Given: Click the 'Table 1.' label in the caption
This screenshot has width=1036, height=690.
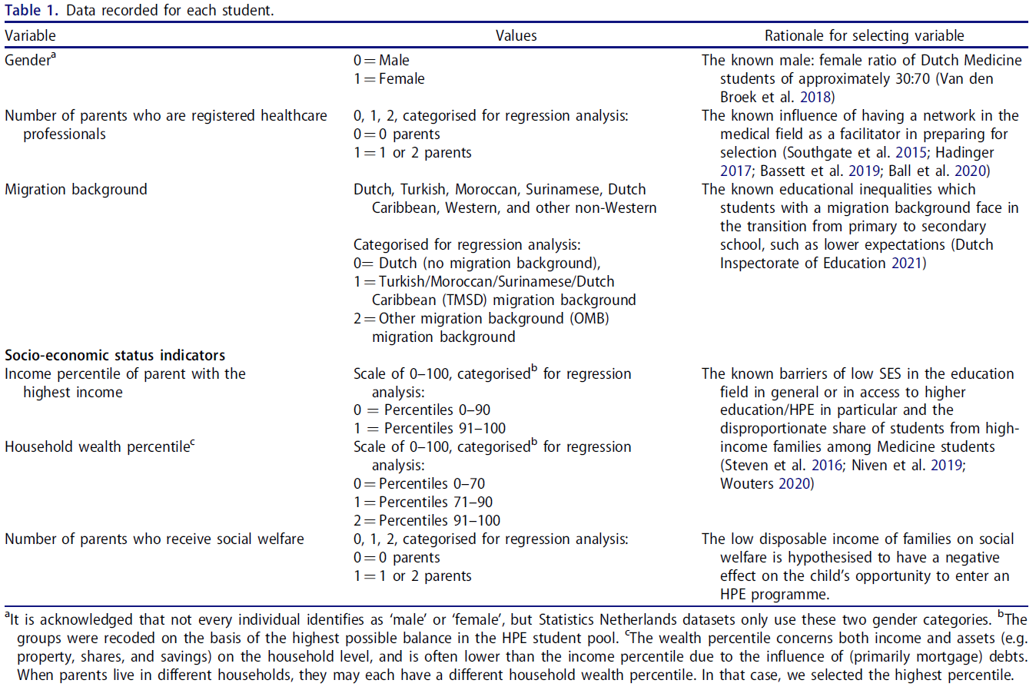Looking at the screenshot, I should (x=31, y=10).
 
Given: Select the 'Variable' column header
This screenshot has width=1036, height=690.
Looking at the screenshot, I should (x=30, y=35).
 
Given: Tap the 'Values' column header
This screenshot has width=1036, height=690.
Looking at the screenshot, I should (x=516, y=35).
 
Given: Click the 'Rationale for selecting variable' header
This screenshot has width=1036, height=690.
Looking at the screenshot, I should (x=864, y=35).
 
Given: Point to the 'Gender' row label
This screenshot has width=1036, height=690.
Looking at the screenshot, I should (x=28, y=60).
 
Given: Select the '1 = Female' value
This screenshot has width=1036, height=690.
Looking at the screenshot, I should (x=389, y=78).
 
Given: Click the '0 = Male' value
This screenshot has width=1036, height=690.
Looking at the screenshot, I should (x=381, y=60).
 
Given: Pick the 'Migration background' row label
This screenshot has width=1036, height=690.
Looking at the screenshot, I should (x=75, y=189).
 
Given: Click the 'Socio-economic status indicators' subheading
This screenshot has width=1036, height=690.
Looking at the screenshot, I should (x=115, y=355).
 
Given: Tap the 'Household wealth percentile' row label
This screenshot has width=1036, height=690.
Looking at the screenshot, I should (x=98, y=446).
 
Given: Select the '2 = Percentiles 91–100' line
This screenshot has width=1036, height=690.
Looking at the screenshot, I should (x=427, y=520).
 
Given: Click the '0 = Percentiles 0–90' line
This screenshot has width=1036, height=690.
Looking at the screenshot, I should (x=422, y=410).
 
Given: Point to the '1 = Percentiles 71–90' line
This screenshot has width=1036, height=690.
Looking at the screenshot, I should (x=423, y=502).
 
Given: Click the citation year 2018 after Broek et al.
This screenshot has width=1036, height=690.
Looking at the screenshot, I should (x=815, y=97).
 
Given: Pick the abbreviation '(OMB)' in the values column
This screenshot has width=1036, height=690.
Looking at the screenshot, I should (x=589, y=318).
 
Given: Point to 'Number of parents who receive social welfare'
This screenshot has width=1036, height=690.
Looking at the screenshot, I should (x=154, y=539).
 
